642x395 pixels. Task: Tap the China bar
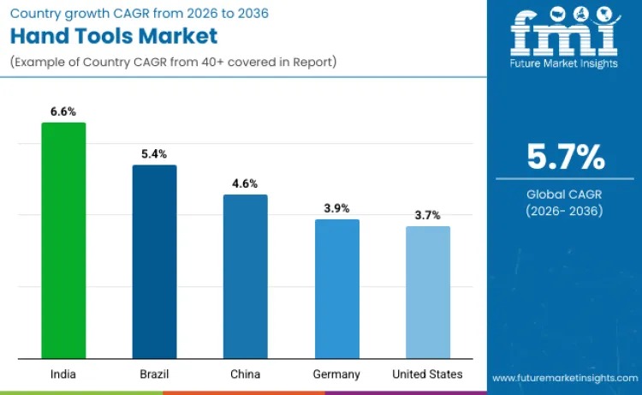point(245,276)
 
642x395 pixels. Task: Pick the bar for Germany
point(337,289)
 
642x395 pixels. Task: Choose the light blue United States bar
point(427,292)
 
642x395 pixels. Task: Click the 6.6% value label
point(63,111)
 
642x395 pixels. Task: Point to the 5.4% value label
point(154,154)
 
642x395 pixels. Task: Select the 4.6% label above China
point(245,183)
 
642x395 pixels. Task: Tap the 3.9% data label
point(337,208)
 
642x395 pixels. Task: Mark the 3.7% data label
point(427,215)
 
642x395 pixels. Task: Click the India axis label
point(63,374)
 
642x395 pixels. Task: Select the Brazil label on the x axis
point(154,374)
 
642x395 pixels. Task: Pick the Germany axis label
point(337,374)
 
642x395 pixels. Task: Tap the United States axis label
point(427,374)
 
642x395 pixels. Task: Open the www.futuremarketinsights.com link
point(564,378)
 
